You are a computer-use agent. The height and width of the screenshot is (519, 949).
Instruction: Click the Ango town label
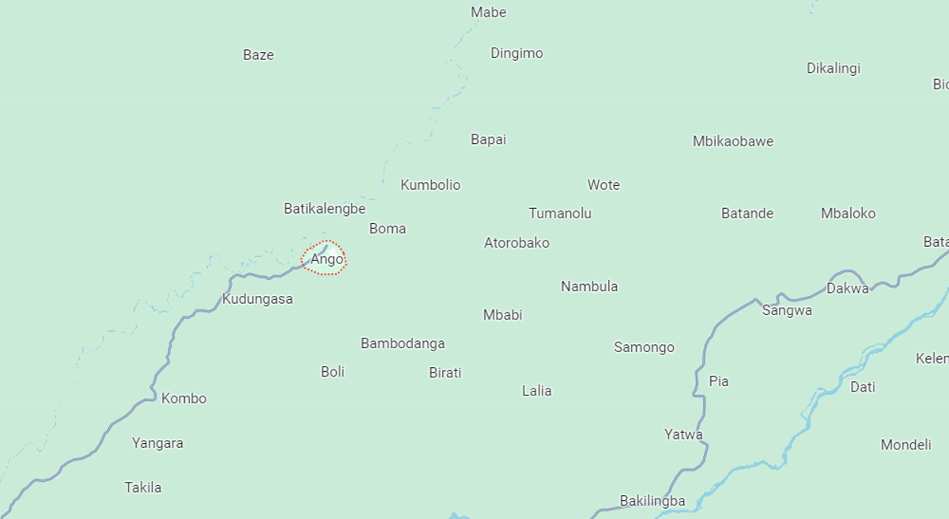[327, 259]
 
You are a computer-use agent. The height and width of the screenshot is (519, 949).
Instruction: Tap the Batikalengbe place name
[324, 209]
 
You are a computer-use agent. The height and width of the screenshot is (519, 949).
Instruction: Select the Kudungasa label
[257, 299]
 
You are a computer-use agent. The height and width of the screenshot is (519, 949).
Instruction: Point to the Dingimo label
[516, 54]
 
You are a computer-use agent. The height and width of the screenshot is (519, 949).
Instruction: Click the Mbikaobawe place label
[732, 142]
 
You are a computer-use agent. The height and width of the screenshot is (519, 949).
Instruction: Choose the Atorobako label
[516, 243]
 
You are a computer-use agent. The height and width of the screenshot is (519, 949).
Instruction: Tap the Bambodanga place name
[403, 343]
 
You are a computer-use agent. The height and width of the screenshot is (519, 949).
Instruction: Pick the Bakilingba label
[652, 501]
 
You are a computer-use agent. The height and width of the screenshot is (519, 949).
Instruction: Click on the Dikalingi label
[833, 69]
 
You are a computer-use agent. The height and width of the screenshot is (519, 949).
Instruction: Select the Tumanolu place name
[560, 214]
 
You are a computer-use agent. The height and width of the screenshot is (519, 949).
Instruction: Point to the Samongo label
[644, 347]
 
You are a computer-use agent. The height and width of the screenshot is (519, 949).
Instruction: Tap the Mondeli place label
[906, 445]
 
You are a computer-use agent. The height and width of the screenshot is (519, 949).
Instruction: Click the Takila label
[143, 487]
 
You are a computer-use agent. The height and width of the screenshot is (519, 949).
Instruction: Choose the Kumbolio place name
[430, 185]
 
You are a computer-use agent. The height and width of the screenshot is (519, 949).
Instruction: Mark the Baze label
[258, 55]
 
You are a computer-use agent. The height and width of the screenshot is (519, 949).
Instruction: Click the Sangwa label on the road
[786, 311]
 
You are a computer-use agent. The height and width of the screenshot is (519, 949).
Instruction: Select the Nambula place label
[589, 286]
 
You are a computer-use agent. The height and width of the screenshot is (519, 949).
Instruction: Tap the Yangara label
[157, 443]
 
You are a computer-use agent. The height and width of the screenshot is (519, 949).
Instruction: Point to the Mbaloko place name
[848, 214]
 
